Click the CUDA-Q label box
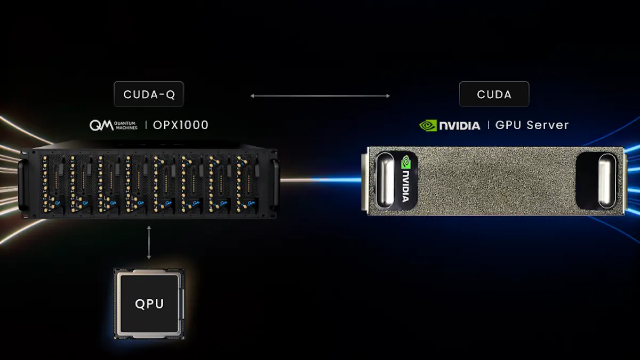(x=148, y=94)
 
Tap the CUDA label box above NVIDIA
(x=494, y=94)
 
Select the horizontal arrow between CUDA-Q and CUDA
(x=320, y=96)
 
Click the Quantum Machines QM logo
(x=101, y=125)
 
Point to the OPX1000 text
(x=180, y=125)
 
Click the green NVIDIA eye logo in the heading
(x=428, y=125)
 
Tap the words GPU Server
(x=532, y=125)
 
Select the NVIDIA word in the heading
(x=459, y=125)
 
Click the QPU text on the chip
(x=149, y=304)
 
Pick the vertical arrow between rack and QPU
(x=149, y=242)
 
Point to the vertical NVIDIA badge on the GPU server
(x=406, y=181)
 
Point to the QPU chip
(x=149, y=303)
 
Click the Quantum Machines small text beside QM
(x=126, y=125)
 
